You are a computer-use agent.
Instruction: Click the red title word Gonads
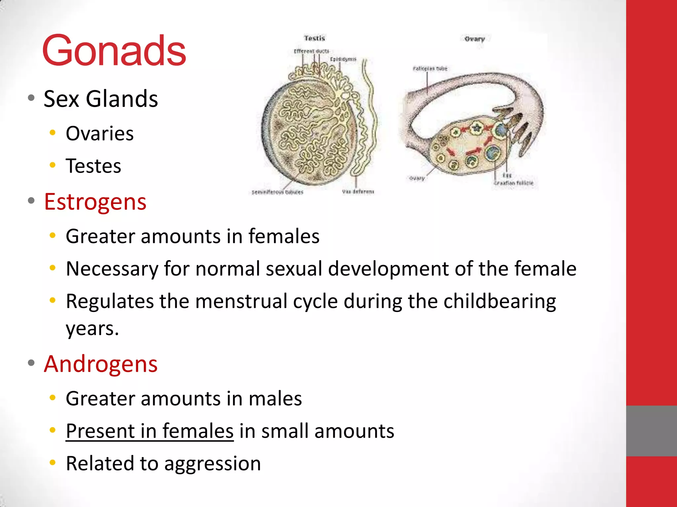pos(114,51)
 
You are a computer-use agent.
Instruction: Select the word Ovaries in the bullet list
pos(100,134)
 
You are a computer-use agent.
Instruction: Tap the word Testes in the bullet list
pos(93,166)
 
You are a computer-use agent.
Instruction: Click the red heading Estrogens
pos(95,202)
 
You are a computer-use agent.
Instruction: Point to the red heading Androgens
pos(100,364)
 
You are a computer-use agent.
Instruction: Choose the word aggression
pos(213,463)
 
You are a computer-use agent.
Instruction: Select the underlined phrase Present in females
pos(149,431)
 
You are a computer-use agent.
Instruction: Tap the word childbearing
pos(499,301)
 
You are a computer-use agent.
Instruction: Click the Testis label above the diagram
pos(314,38)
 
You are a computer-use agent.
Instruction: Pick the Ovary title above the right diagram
pos(474,39)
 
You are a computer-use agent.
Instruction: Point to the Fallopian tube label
pos(430,69)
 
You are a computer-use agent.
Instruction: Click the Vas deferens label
pos(358,191)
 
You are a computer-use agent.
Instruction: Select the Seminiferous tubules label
pos(277,192)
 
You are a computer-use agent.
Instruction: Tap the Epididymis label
pos(343,59)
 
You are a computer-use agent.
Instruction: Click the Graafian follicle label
pos(514,183)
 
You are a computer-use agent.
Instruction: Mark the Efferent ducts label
pos(311,51)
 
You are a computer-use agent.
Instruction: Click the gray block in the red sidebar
pos(651,431)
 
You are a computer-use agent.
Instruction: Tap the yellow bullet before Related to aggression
pos(52,463)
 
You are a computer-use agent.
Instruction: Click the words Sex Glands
pos(101,99)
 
